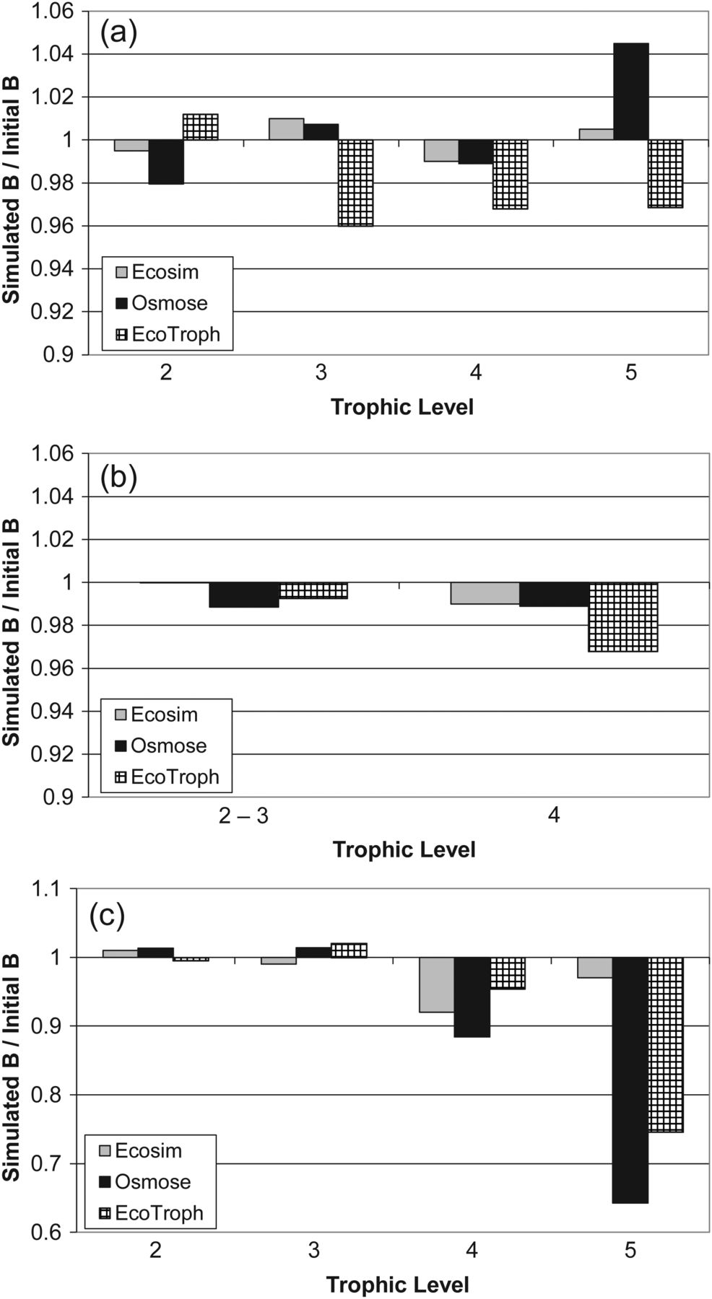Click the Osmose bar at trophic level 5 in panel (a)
coord(630,92)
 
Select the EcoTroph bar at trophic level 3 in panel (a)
coord(355,183)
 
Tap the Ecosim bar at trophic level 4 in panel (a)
coord(440,150)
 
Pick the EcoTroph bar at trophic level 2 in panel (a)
coord(201,127)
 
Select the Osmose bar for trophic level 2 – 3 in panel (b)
coord(244,595)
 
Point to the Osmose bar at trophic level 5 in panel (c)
coord(630,1080)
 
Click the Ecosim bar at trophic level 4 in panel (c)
coord(437,984)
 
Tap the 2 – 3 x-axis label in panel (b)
coord(244,817)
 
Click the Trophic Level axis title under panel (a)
coord(402,407)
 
